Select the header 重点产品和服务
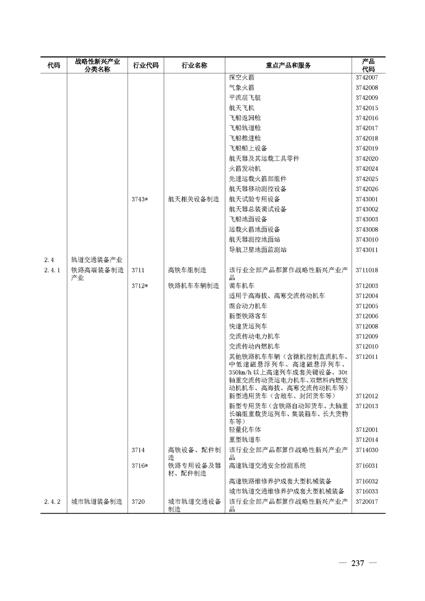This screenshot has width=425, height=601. pos(288,65)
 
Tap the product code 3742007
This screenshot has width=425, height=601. pos(367,78)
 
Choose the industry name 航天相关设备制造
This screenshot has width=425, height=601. pos(193,199)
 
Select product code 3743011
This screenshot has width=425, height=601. pos(367,250)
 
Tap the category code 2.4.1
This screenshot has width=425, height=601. pos(52,270)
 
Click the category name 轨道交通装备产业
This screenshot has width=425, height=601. pos(97,260)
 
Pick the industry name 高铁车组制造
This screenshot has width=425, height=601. pos(187,270)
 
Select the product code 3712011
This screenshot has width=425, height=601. pos(367,357)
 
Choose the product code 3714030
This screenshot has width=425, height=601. pos(367,450)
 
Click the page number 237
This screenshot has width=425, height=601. pos(357,564)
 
